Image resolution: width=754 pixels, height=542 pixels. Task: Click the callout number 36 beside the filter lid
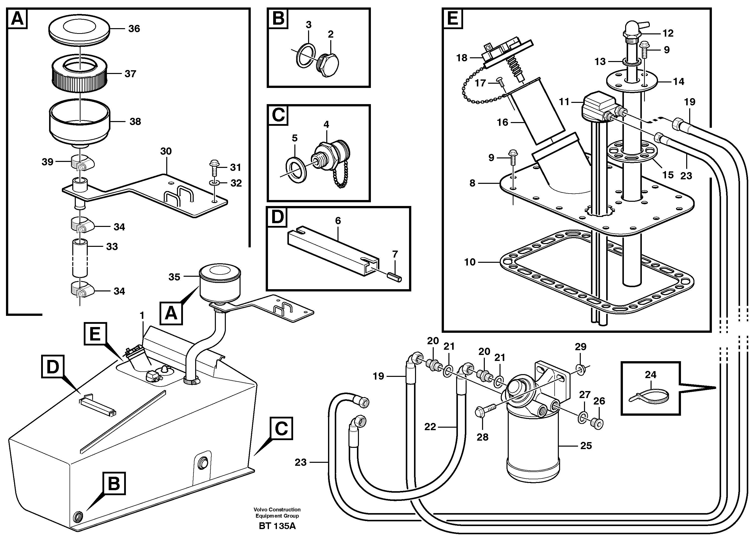coord(134,29)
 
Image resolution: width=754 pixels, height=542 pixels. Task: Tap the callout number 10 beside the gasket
coord(470,262)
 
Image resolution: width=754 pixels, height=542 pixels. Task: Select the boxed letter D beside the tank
coord(53,367)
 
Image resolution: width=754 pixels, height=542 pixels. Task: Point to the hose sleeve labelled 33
coord(80,258)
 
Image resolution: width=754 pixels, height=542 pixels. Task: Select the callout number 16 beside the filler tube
coord(502,122)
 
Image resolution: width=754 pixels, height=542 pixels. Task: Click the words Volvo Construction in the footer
coord(277,509)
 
